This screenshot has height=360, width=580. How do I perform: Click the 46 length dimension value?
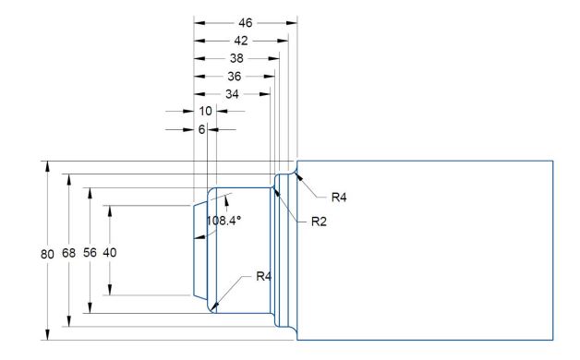(245, 20)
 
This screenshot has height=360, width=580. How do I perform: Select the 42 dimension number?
(240, 40)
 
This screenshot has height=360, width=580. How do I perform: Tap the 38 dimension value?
(235, 57)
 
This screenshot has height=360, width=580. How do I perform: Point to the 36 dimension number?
(233, 76)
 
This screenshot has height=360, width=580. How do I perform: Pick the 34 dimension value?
(230, 93)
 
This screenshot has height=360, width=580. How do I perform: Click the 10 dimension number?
(206, 111)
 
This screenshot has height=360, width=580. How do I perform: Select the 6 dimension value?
(201, 129)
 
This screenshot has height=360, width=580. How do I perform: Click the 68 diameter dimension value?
(68, 252)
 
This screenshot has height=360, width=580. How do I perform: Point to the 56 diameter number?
(90, 252)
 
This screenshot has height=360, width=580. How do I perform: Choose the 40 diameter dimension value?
(110, 252)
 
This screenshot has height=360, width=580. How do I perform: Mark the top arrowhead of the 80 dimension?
(47, 166)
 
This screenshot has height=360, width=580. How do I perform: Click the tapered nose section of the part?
(199, 249)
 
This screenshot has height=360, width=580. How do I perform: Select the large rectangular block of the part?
(425, 249)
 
